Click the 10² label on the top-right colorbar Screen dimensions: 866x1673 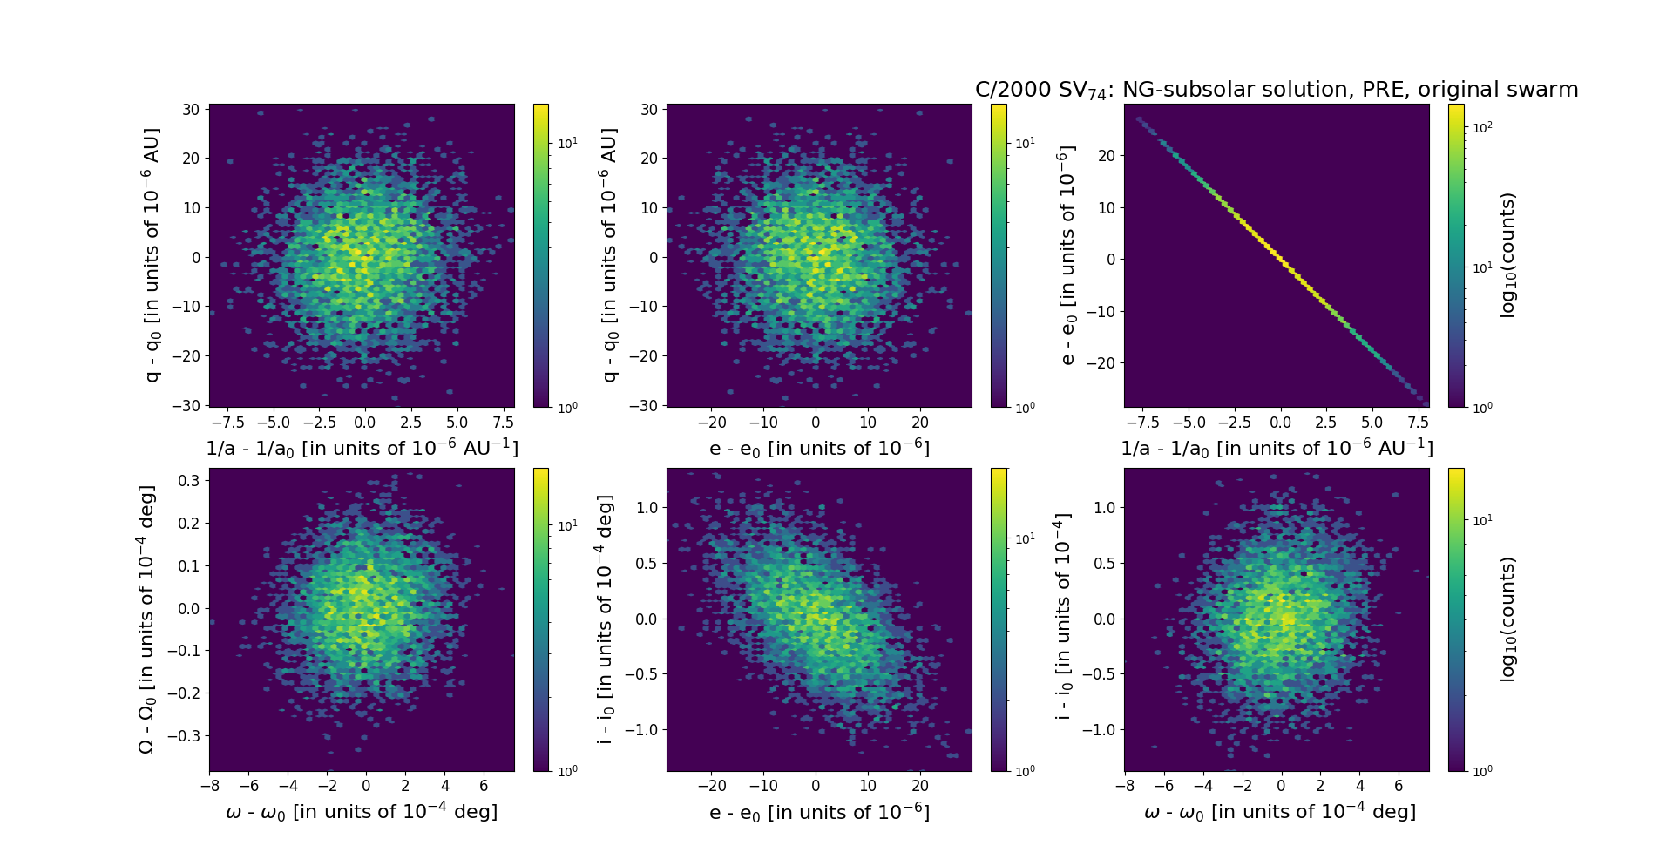tap(1482, 127)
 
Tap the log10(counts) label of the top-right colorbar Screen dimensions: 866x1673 tap(1507, 255)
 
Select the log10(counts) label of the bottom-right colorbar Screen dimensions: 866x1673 tap(1507, 619)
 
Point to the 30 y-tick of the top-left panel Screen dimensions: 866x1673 tap(191, 110)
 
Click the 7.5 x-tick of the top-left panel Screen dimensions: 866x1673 tap(503, 423)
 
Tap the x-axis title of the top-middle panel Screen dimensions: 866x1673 tap(819, 449)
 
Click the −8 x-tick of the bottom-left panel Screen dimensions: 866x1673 tap(209, 787)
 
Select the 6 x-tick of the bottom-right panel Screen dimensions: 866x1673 tap(1399, 787)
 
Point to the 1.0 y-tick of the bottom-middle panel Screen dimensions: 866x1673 tap(646, 507)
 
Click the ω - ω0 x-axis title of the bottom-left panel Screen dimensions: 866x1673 tap(362, 812)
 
